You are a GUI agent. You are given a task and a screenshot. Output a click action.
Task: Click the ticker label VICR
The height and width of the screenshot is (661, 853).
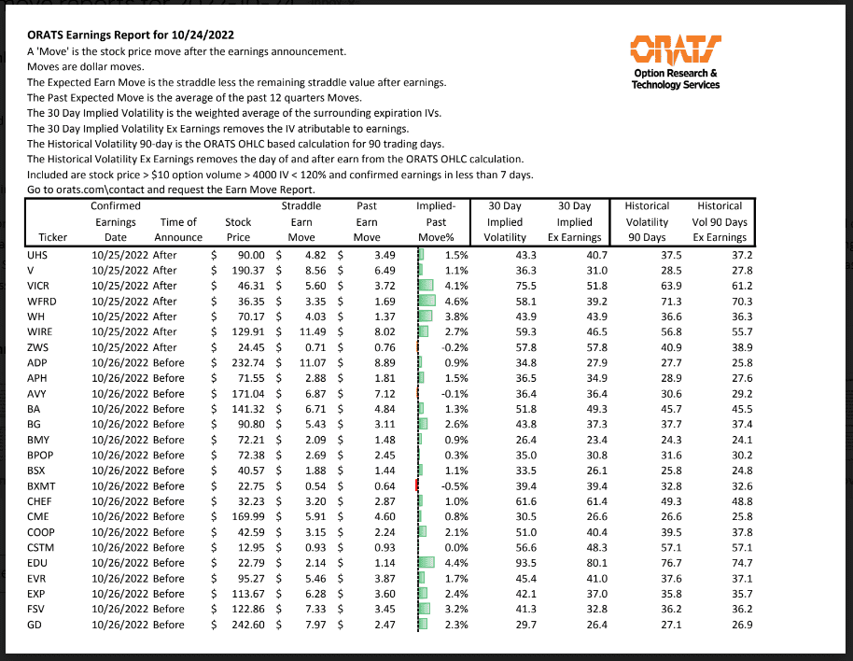coord(39,285)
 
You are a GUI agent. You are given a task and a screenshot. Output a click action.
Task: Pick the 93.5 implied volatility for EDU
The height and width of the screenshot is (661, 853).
coord(527,562)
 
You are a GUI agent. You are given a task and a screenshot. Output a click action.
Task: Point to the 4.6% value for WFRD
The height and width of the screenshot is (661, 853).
coord(455,301)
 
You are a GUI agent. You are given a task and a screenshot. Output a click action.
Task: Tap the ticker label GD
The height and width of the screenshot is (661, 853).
coord(35,624)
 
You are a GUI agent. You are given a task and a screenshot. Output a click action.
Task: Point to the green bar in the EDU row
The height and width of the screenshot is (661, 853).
coord(428,562)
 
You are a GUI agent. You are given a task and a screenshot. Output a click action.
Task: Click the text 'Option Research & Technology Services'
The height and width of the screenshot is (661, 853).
coord(675,78)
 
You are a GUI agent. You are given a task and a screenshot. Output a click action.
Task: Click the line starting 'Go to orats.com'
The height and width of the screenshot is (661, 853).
coord(159,190)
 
